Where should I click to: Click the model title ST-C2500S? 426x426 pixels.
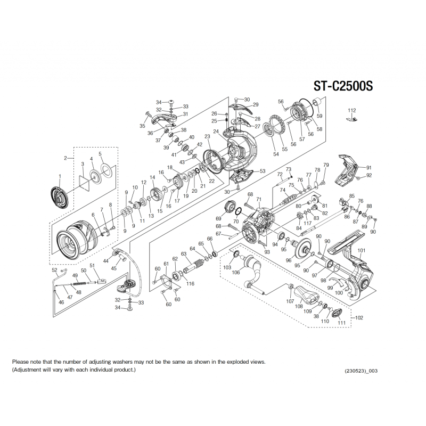pyautogui.click(x=343, y=86)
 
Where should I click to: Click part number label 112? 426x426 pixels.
pyautogui.click(x=352, y=110)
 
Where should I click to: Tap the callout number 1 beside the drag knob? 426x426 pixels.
pyautogui.click(x=60, y=176)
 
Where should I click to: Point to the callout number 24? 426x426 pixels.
pyautogui.click(x=216, y=132)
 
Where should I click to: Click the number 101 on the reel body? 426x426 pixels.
pyautogui.click(x=362, y=250)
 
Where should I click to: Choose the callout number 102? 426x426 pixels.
pyautogui.click(x=359, y=317)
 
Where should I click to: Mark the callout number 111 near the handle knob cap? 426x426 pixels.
pyautogui.click(x=341, y=323)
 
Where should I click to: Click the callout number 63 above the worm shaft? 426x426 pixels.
pyautogui.click(x=184, y=254)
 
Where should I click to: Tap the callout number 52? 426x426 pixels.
pyautogui.click(x=55, y=270)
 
